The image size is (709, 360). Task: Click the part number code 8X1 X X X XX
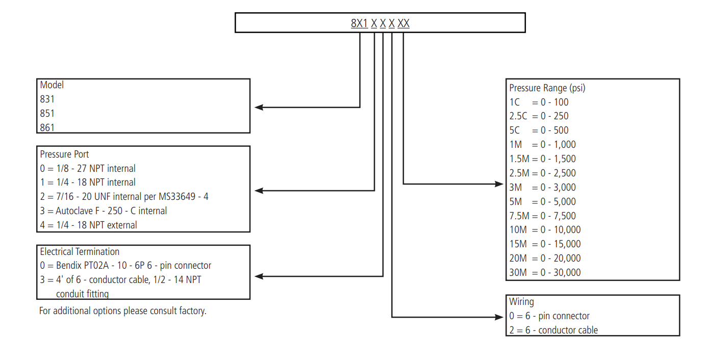380,23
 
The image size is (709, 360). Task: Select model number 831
47,99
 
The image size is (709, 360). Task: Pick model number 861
47,127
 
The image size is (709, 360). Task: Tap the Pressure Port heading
64,155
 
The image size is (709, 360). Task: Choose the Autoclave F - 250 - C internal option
103,211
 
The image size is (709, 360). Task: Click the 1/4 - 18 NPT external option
88,225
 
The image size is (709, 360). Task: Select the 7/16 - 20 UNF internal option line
124,197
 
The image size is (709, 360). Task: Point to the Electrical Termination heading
80,251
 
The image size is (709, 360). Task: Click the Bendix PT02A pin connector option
125,266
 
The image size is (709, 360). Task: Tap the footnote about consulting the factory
122,311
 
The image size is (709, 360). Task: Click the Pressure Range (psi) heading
547,88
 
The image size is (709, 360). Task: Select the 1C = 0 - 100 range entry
539,102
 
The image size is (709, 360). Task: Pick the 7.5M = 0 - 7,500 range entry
542,216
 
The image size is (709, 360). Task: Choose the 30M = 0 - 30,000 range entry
545,272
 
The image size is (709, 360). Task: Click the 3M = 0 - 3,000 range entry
542,187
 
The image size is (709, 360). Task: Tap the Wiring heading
521,302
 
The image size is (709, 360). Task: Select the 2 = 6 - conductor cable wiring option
553,330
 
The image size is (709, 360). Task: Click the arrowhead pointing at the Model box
259,107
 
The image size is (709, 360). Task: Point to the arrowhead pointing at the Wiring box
499,317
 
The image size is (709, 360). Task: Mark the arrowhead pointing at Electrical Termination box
259,276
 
